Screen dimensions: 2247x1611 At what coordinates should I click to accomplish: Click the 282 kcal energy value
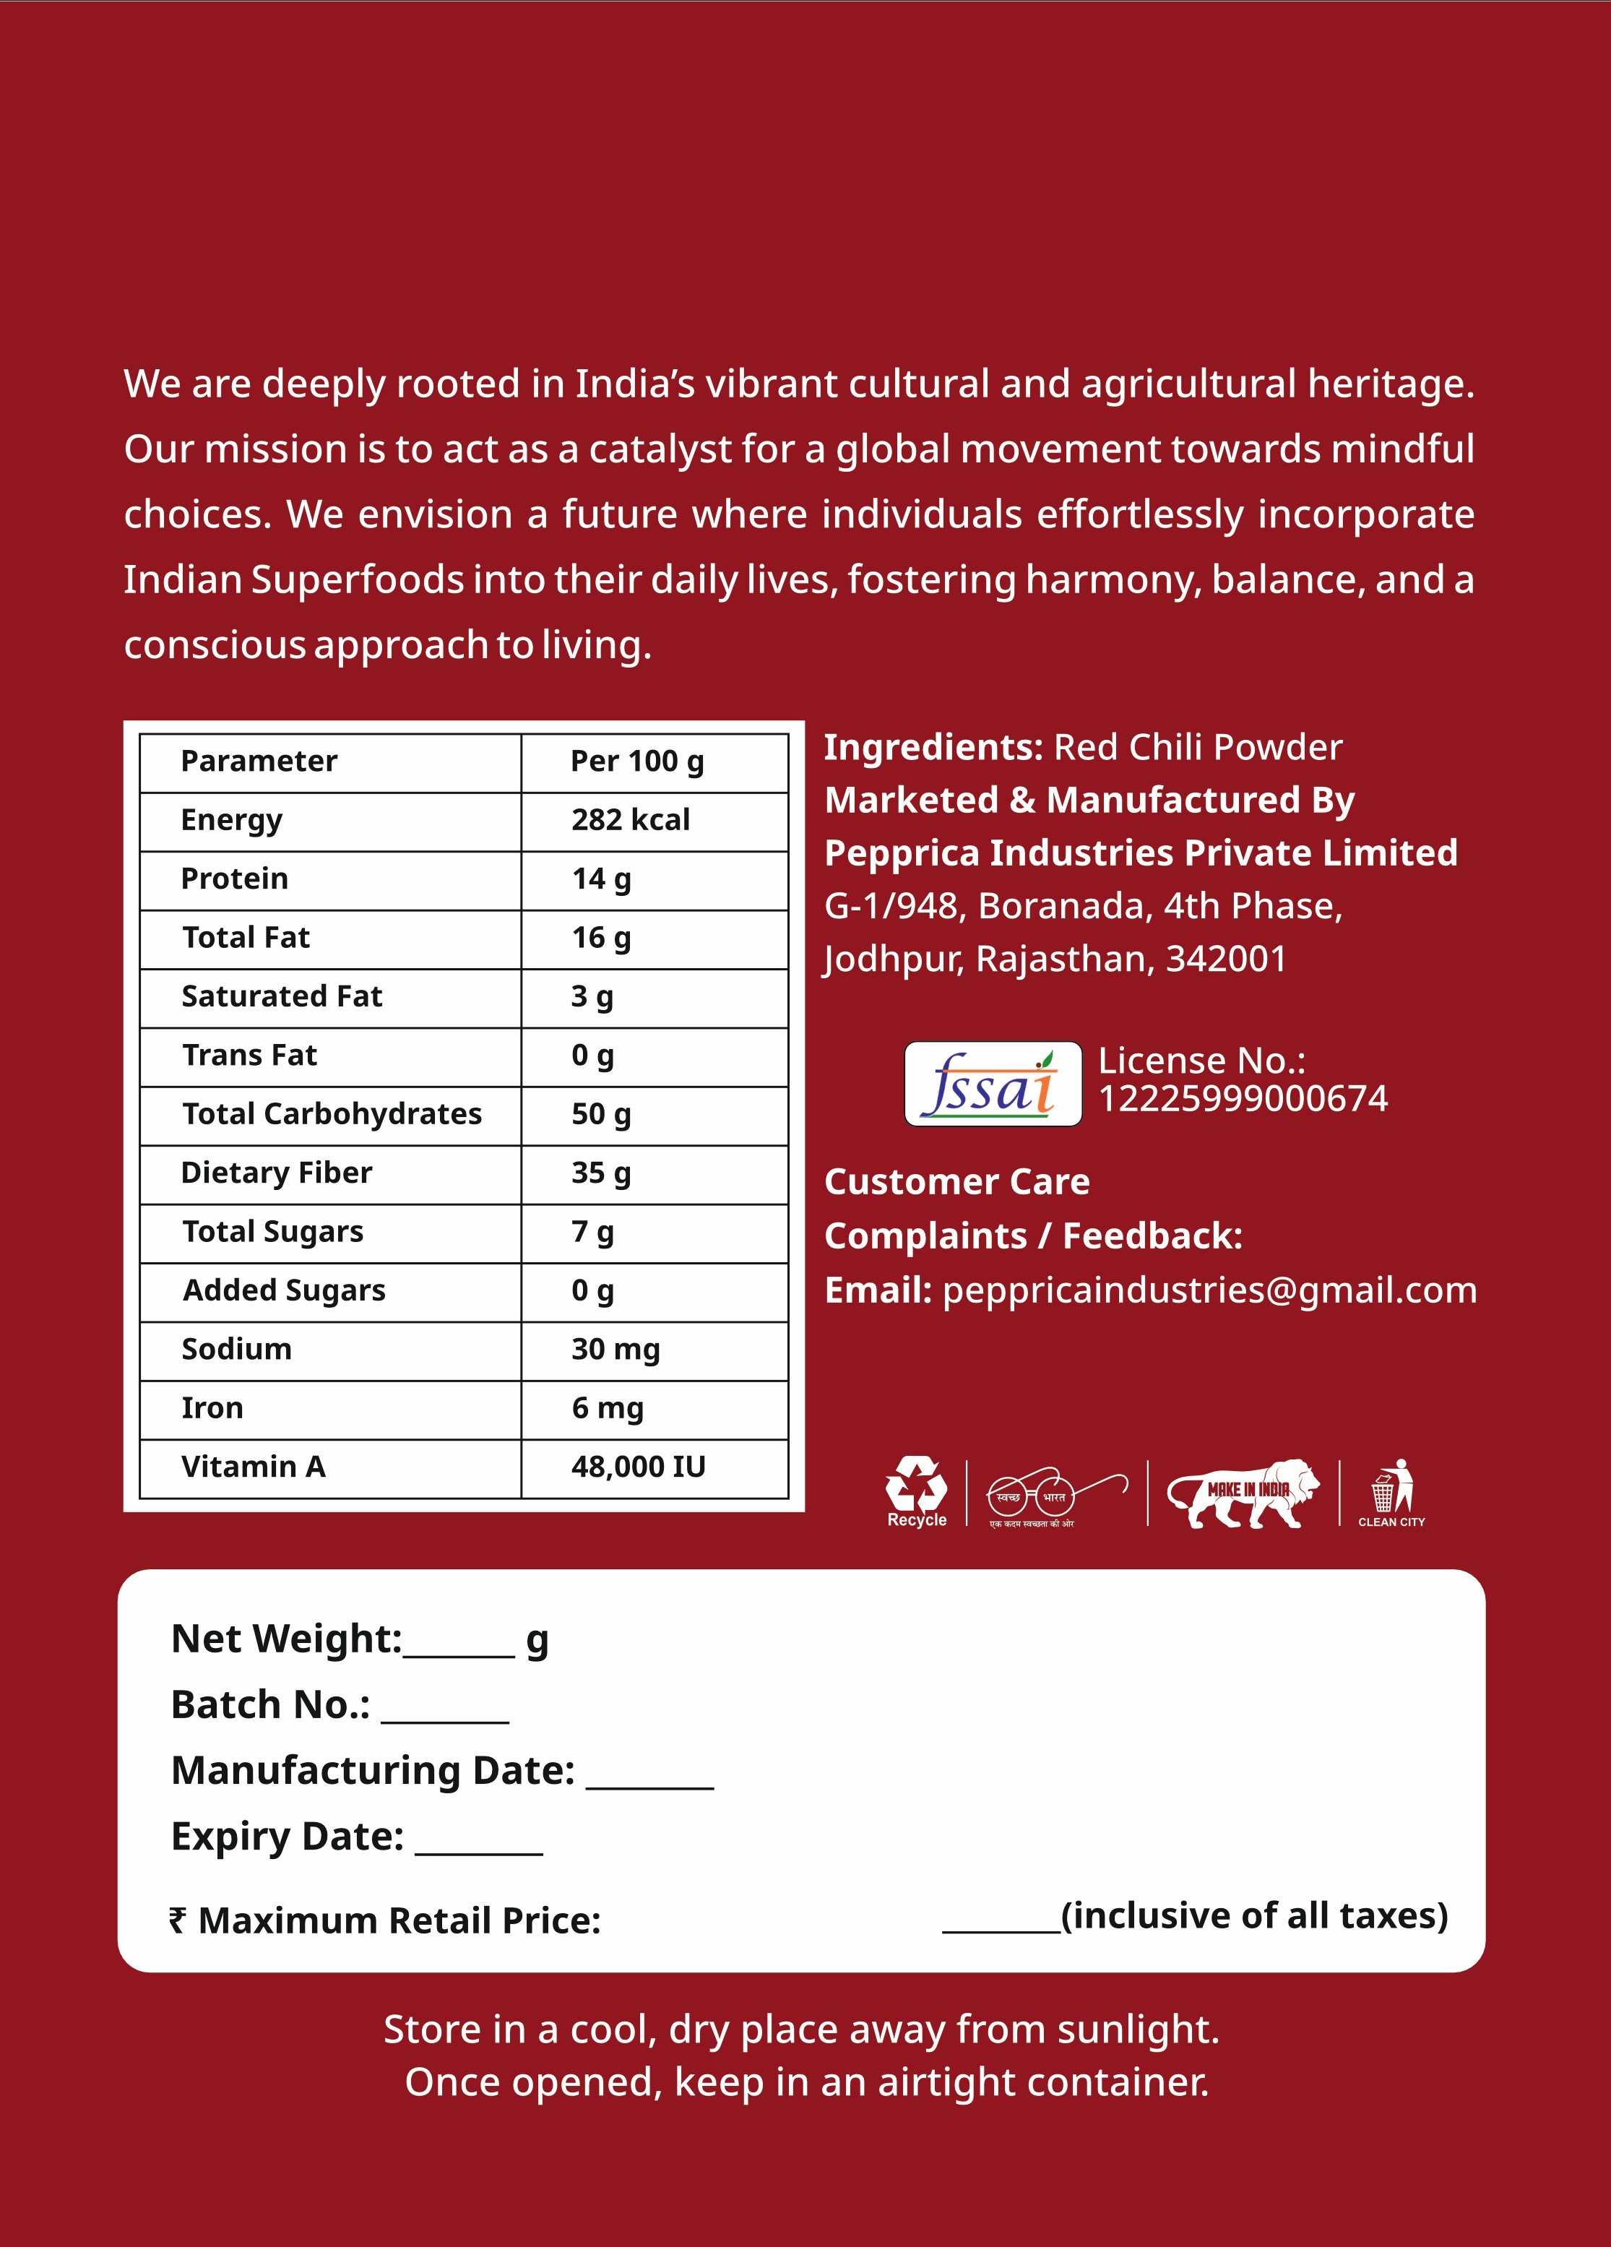pyautogui.click(x=630, y=820)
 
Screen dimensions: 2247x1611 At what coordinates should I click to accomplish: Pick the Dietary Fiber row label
pyautogui.click(x=277, y=1173)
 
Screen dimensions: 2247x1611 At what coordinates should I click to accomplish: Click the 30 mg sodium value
pyautogui.click(x=616, y=1350)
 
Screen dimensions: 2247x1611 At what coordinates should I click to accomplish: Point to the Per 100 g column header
pyautogui.click(x=637, y=762)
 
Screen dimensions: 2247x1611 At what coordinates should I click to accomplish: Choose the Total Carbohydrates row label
pyautogui.click(x=332, y=1115)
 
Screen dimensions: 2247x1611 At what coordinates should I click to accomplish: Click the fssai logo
pyautogui.click(x=993, y=1084)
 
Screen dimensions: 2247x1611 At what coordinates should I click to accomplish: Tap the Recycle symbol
pyautogui.click(x=917, y=1489)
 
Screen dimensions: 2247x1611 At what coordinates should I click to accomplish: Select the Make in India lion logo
pyautogui.click(x=1243, y=1493)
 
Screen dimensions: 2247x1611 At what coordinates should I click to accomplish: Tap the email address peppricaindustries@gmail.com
pyautogui.click(x=1209, y=1290)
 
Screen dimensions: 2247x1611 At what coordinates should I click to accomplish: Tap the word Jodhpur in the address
pyautogui.click(x=894, y=959)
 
